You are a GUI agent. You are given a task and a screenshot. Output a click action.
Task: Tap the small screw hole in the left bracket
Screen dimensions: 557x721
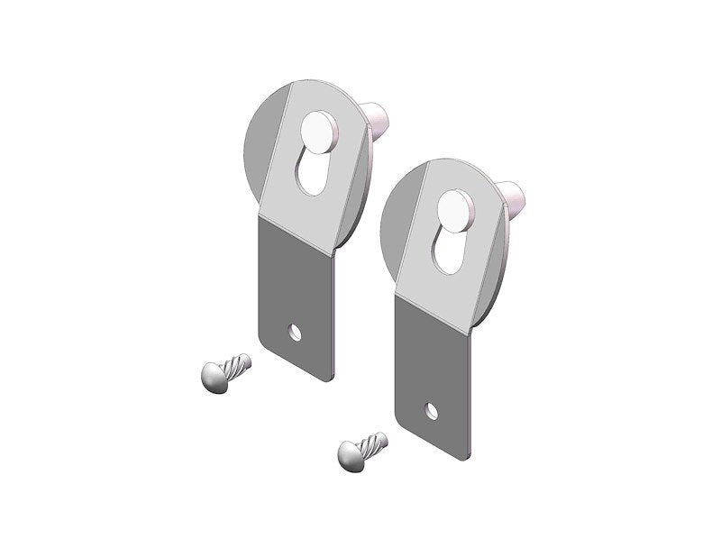click(295, 333)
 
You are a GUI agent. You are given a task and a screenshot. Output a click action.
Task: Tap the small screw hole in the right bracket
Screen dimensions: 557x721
click(431, 411)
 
